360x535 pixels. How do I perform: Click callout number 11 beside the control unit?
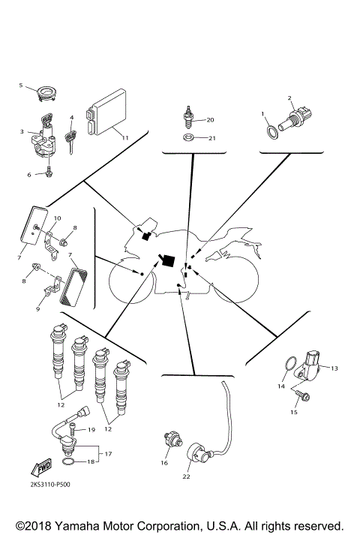[x=124, y=138]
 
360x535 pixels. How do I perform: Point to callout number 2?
[x=290, y=98]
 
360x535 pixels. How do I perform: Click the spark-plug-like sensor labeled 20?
[x=187, y=119]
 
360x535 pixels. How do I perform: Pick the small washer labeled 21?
[x=189, y=138]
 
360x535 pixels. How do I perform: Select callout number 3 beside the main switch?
[x=22, y=132]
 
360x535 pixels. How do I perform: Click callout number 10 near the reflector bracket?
[x=57, y=218]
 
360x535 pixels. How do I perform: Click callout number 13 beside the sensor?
[x=334, y=368]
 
